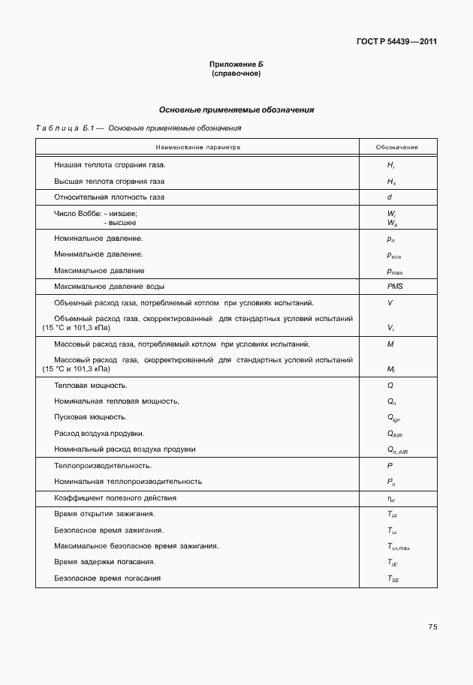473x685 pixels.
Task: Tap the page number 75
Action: [x=432, y=626]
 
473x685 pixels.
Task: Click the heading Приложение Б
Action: [x=236, y=66]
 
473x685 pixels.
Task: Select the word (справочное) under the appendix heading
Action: [x=236, y=74]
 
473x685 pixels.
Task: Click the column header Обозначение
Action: [x=397, y=147]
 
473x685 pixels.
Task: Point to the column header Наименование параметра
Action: [x=198, y=147]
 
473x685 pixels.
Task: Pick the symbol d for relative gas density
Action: [x=390, y=197]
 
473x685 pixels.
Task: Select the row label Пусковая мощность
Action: [x=90, y=416]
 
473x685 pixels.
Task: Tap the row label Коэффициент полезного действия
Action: [x=116, y=497]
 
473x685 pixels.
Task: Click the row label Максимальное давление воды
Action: [x=109, y=287]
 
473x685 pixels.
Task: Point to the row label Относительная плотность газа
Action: [x=109, y=197]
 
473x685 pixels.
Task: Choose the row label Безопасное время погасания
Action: [x=107, y=578]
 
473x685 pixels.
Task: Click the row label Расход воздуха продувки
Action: [x=99, y=433]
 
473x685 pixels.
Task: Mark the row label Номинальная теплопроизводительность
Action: [x=128, y=481]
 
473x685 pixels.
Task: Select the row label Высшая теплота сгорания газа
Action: [x=109, y=181]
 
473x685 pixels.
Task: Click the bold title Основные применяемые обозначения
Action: [x=236, y=110]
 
